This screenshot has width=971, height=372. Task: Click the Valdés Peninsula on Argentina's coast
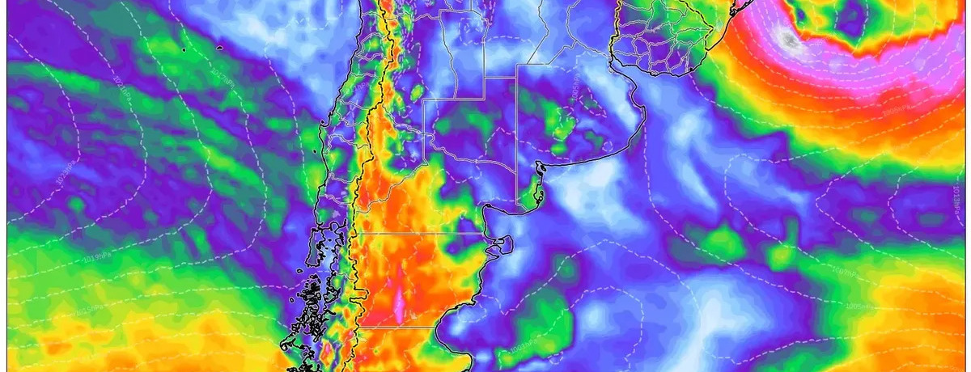click(x=502, y=242)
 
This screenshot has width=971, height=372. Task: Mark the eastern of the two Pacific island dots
click(x=219, y=49)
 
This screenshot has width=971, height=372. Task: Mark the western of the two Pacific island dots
click(x=185, y=50)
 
